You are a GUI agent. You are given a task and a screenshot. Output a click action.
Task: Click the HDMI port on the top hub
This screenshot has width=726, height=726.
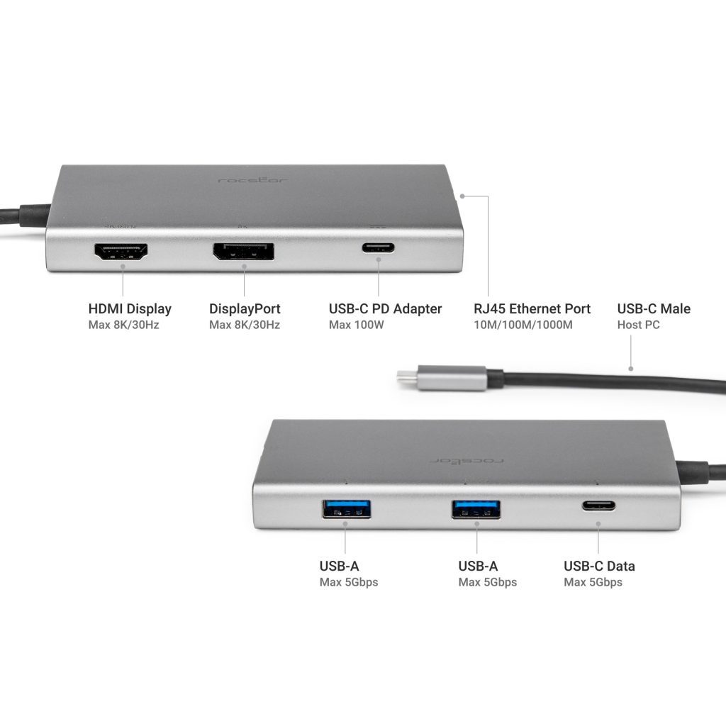(122, 252)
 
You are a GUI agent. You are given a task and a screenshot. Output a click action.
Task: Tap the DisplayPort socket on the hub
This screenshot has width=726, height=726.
(243, 252)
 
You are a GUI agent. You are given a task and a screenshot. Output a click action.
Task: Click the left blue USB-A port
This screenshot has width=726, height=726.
(347, 508)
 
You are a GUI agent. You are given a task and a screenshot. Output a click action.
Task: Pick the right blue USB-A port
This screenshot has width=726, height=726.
(476, 508)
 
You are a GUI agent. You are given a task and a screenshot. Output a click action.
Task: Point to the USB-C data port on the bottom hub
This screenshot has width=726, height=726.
(599, 506)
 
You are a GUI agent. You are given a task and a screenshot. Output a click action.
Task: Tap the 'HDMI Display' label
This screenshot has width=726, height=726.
(130, 309)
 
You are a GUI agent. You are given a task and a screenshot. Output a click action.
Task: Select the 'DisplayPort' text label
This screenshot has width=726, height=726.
(245, 309)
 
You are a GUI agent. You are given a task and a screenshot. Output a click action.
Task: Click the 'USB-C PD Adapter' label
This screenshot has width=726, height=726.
(385, 309)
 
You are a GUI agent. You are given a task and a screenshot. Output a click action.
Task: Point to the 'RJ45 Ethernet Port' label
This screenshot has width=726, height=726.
(532, 309)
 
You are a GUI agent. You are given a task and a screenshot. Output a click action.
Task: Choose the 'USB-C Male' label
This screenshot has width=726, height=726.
(654, 309)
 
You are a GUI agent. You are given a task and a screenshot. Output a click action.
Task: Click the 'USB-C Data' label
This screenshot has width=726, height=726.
(599, 566)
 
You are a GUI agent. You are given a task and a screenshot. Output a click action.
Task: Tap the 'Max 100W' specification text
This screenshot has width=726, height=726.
(356, 325)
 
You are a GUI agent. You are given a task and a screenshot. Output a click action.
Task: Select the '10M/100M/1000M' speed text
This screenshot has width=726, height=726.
(523, 325)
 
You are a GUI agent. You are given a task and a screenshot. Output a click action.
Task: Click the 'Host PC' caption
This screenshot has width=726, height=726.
(639, 325)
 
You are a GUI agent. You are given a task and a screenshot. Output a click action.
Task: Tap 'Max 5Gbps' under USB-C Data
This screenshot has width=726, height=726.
(593, 583)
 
